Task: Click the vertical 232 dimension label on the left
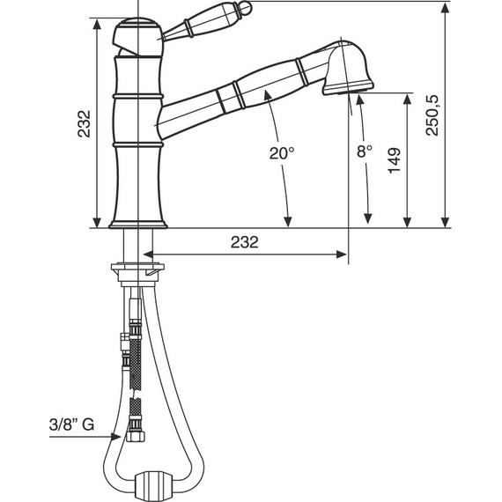[x=85, y=123]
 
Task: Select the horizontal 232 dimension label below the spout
[x=245, y=242]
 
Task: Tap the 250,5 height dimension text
[x=432, y=115]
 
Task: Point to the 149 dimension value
[x=394, y=160]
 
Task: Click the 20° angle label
[x=282, y=153]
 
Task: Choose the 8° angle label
[x=365, y=151]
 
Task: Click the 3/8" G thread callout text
[x=71, y=424]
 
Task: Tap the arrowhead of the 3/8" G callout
[x=116, y=436]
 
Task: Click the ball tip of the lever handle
[x=245, y=7]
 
